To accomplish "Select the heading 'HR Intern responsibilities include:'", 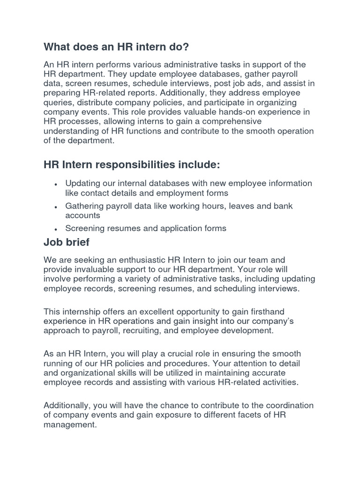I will coord(131,165).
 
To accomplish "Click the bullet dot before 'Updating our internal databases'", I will coord(56,184).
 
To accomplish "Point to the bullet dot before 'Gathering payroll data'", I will coord(56,207).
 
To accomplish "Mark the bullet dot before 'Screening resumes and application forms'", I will coord(56,229).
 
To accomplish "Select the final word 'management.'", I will coord(70,425).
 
